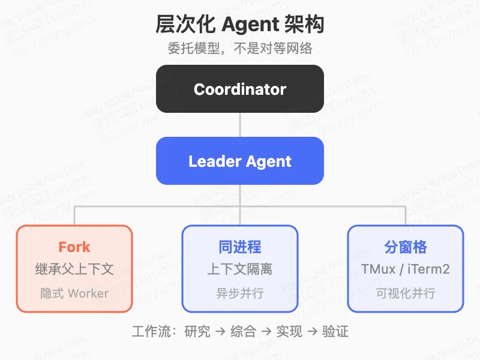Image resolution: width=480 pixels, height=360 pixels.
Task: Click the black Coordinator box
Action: [240, 89]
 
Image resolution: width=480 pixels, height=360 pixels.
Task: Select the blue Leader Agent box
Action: [240, 161]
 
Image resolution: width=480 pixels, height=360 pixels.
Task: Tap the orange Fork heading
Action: [74, 247]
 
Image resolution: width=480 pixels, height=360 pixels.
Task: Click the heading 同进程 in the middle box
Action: [240, 247]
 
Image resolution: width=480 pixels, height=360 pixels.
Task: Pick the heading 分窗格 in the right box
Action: [406, 247]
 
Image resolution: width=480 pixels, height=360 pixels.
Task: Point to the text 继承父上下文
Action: [74, 269]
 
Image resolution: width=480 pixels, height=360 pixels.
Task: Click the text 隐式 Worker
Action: [74, 293]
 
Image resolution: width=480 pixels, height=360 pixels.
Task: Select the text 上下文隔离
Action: [240, 269]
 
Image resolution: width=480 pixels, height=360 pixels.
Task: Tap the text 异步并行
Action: [240, 293]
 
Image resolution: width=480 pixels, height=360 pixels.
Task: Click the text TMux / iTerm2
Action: [406, 269]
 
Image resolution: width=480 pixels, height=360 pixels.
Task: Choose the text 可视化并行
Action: [406, 293]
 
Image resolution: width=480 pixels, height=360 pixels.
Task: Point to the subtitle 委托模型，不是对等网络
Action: [240, 49]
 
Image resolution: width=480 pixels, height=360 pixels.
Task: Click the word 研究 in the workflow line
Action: [197, 331]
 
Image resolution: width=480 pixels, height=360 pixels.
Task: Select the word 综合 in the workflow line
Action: [243, 331]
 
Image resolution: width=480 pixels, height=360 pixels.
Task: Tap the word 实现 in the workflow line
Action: [289, 331]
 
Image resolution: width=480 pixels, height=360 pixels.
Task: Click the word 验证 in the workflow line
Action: [335, 331]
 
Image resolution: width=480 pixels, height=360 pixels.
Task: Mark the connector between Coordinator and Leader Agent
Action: [240, 125]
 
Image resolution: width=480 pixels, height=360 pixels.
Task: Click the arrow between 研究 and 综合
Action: [220, 331]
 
